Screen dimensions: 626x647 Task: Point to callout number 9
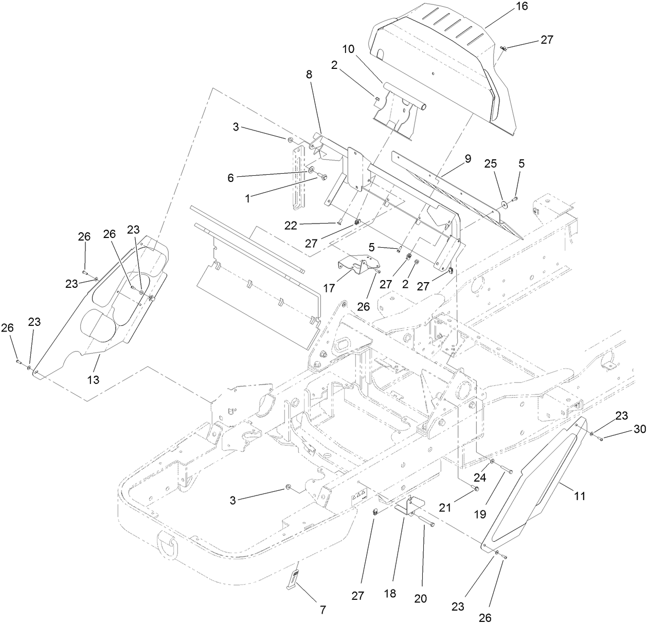468,159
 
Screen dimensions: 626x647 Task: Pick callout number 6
231,177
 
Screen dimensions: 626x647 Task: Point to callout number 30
625,430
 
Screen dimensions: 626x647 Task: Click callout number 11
580,496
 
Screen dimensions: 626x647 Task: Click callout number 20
421,599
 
